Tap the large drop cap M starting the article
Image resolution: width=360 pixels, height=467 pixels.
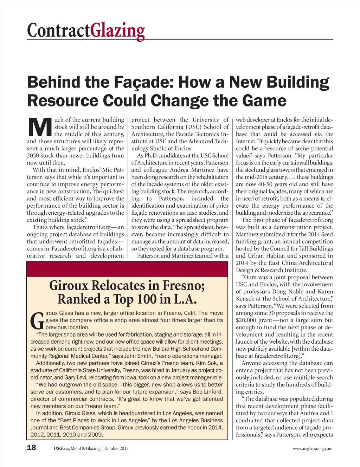click(39, 127)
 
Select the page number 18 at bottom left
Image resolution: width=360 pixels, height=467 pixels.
click(32, 447)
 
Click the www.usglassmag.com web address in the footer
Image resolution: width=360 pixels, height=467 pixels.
click(312, 448)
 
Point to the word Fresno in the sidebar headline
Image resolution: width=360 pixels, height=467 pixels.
click(180, 285)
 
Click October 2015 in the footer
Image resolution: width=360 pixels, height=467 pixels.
click(116, 448)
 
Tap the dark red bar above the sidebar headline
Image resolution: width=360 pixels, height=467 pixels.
click(127, 269)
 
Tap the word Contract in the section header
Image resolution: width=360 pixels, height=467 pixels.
click(58, 31)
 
